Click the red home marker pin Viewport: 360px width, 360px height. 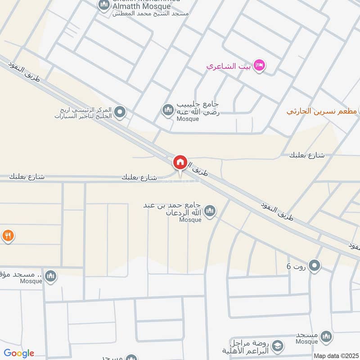pos(180,162)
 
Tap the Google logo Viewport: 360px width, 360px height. pos(19,353)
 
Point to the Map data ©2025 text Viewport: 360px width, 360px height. pos(335,355)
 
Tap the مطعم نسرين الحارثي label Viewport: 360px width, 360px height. pos(322,111)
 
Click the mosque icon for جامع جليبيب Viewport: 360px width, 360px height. pos(168,109)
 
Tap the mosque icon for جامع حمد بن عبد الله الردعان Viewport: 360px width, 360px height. pos(209,210)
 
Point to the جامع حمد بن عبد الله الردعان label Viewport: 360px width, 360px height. pos(173,210)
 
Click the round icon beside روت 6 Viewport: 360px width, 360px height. pos(315,266)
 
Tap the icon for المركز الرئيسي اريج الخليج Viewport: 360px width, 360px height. pos(119,112)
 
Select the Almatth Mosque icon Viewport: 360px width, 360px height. pos(104,5)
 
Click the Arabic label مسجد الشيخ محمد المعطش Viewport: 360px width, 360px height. pos(151,14)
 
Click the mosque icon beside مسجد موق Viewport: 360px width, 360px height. pos(51,275)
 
